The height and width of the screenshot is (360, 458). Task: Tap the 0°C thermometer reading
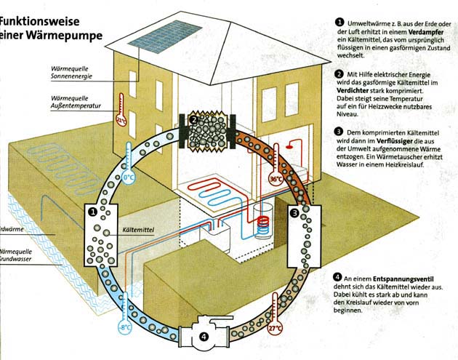pos(129,177)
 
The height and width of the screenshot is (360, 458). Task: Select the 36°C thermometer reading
pos(276,178)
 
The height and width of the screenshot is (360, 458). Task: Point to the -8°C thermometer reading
pos(125,327)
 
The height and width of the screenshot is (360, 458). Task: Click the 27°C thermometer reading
pos(276,328)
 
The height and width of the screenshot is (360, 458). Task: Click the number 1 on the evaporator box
pos(93,212)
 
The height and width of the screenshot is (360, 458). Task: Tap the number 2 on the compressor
pos(193,119)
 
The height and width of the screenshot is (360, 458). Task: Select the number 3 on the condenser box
pos(294,212)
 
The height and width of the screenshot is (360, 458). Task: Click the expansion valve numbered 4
pos(204,337)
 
